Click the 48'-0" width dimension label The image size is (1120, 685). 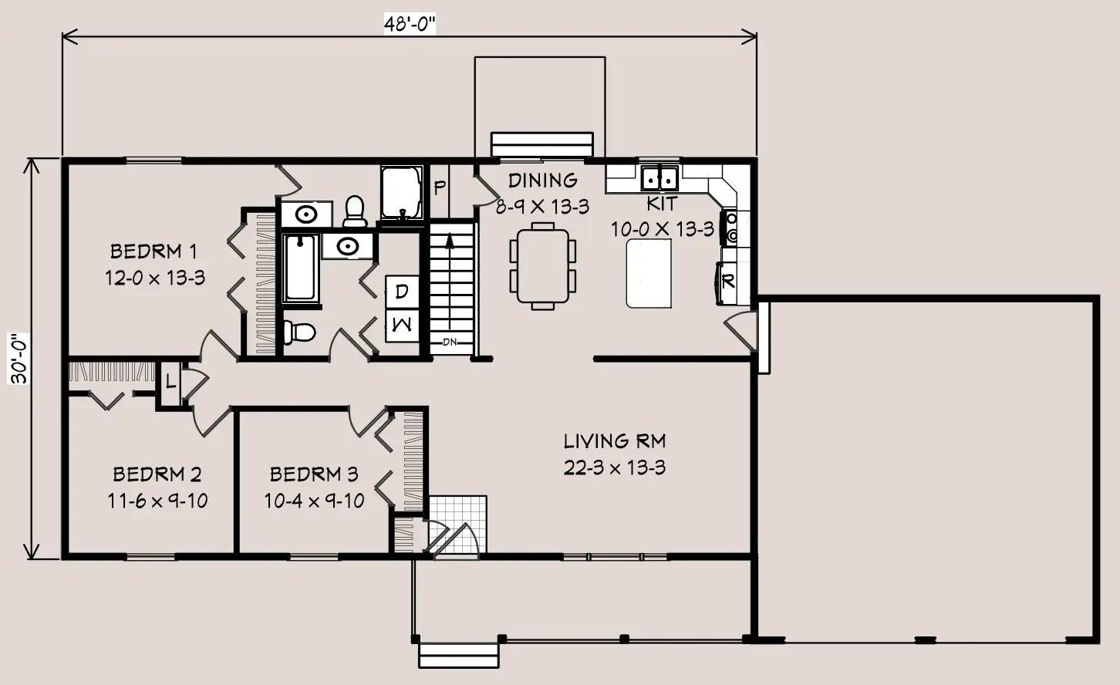click(x=410, y=23)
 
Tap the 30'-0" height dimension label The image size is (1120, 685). click(x=19, y=359)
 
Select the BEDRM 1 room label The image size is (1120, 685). click(x=153, y=251)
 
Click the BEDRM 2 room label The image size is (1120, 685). click(x=157, y=474)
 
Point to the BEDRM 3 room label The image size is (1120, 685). click(x=314, y=474)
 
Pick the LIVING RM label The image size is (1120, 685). click(x=615, y=441)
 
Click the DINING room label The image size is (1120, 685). click(x=542, y=181)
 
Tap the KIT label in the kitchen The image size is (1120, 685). click(x=662, y=204)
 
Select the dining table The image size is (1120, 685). click(x=542, y=266)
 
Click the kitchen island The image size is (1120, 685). click(x=649, y=273)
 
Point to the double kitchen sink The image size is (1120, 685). click(x=660, y=178)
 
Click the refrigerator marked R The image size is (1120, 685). click(x=729, y=282)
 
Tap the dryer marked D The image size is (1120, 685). click(x=402, y=292)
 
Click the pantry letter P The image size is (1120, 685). click(x=440, y=187)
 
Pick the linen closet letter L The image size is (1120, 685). click(x=170, y=383)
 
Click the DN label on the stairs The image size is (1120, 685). click(x=450, y=342)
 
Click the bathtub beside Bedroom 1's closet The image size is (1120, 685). click(x=301, y=268)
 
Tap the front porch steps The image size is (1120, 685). click(x=459, y=656)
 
